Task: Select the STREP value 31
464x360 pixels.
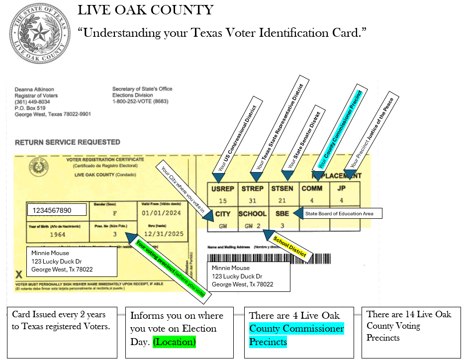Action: pos(253,201)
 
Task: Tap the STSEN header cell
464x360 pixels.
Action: pos(282,188)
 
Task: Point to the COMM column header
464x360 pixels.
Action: pos(312,188)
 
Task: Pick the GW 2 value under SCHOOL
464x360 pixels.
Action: pos(253,226)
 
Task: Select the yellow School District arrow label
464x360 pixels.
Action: pos(290,247)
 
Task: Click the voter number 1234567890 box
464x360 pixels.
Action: pos(56,210)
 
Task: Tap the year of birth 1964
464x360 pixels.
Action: pos(57,234)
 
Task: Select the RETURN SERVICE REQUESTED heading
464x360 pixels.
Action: pos(67,142)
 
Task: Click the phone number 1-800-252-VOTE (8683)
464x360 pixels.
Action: pos(139,101)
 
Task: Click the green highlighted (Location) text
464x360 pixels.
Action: pos(174,342)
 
